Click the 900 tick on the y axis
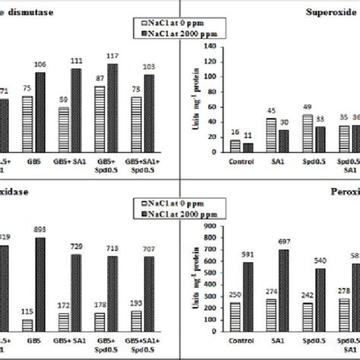click(200, 224)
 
